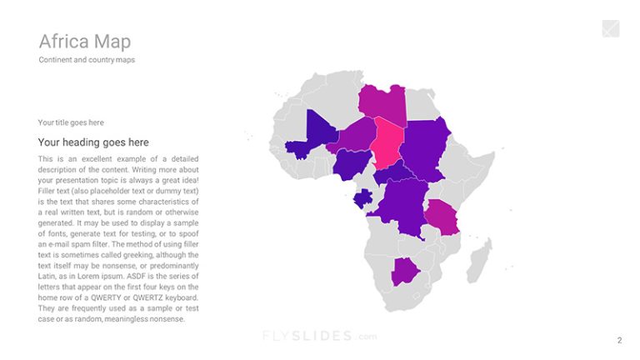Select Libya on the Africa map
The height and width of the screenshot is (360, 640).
point(382,102)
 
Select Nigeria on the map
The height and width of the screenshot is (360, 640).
point(350,162)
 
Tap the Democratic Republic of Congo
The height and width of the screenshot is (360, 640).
point(401,205)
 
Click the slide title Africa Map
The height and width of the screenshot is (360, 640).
point(84,41)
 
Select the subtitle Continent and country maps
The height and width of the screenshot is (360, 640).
point(87,60)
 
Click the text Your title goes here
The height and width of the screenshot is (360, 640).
point(71,122)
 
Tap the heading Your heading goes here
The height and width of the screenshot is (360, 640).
point(93,142)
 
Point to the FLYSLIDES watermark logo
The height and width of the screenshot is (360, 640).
point(319,337)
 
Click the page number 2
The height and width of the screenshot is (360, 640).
point(619,340)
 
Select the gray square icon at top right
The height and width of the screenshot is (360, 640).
point(611,29)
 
